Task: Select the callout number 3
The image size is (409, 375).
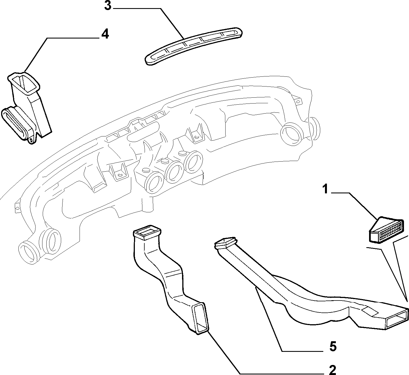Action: click(x=108, y=6)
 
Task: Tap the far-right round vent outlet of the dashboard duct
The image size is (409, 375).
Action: click(x=291, y=133)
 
